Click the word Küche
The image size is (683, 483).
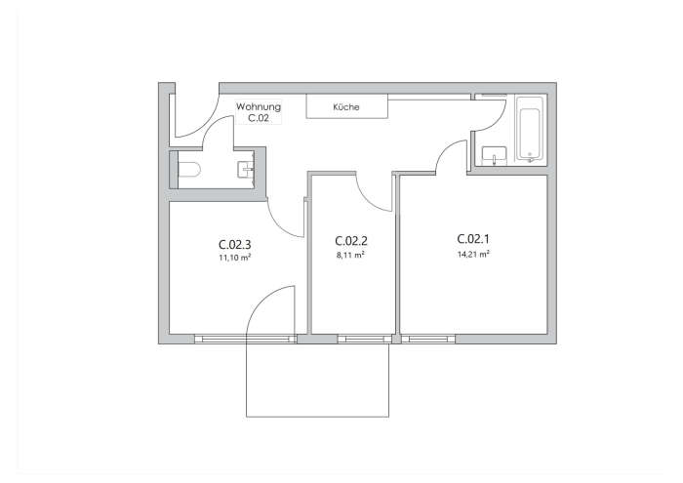pos(346,107)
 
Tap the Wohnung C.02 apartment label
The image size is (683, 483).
pos(259,111)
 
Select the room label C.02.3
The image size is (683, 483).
pos(234,245)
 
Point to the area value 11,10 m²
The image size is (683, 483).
pos(234,258)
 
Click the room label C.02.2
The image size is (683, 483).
pos(350,241)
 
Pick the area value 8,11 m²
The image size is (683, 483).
pos(350,255)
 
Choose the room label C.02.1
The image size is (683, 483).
pos(473,239)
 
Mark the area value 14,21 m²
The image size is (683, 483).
pos(473,254)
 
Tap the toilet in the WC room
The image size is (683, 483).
pos(188,171)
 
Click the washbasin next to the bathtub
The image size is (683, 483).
pos(494,153)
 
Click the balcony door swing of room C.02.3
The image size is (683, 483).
pos(273,310)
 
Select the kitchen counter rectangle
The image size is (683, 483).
pos(346,106)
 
